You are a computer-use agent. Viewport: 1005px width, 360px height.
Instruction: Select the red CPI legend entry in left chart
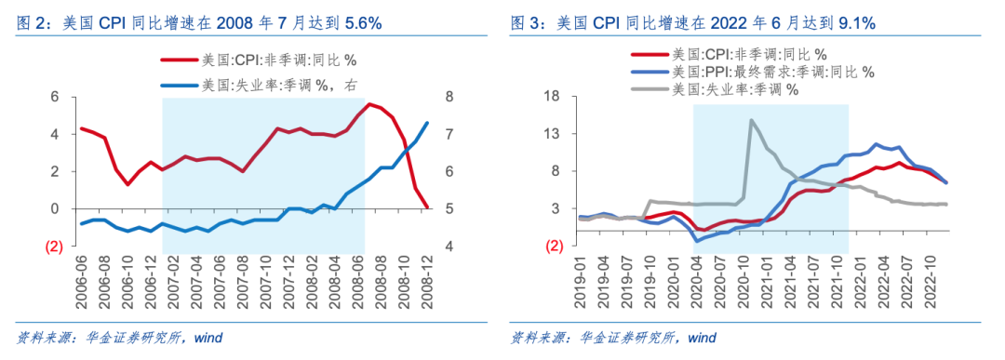pyautogui.click(x=257, y=62)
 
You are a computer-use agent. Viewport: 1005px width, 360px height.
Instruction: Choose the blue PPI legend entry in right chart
pyautogui.click(x=752, y=72)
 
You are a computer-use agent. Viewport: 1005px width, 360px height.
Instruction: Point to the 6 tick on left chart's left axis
pyautogui.click(x=54, y=97)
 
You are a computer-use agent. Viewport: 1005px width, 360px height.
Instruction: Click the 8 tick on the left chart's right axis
pyautogui.click(x=449, y=97)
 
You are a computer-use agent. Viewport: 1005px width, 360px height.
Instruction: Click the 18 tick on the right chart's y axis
pyautogui.click(x=551, y=97)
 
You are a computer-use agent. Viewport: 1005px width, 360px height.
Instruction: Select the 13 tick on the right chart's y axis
pyautogui.click(x=551, y=134)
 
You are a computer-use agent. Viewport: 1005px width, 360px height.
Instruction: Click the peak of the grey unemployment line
pyautogui.click(x=751, y=120)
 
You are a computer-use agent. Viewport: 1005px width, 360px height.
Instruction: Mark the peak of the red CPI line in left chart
pyautogui.click(x=370, y=103)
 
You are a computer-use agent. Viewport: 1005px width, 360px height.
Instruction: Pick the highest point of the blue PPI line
pyautogui.click(x=876, y=144)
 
